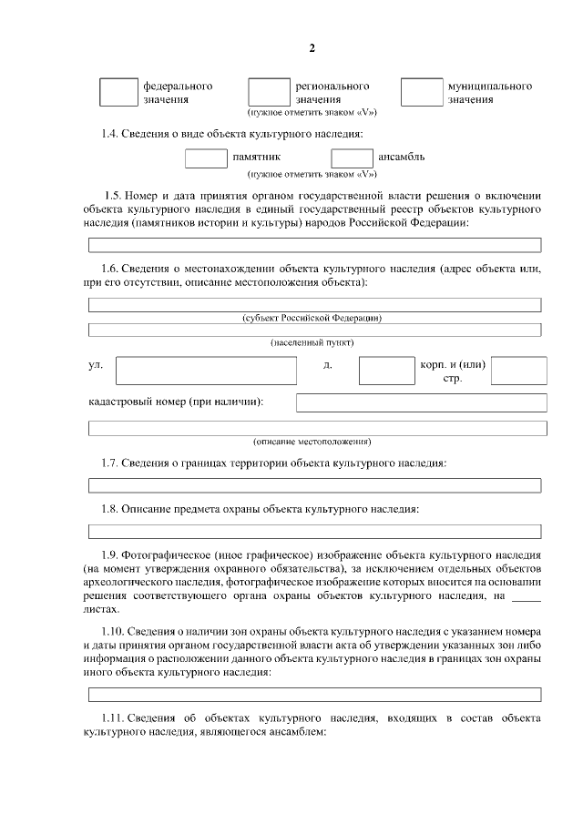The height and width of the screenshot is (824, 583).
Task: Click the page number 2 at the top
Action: (312, 48)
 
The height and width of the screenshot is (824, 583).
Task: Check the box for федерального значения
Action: (118, 92)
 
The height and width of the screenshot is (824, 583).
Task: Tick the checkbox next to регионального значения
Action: (268, 92)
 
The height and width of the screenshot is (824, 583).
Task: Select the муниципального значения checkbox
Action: (421, 92)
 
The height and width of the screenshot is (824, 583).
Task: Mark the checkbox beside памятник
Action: (206, 157)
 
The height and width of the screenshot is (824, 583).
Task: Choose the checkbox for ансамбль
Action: (352, 157)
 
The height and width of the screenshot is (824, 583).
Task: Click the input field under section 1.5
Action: (314, 244)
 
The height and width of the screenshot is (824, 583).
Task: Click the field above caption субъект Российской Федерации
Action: (314, 304)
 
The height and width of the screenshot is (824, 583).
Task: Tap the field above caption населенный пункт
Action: (314, 329)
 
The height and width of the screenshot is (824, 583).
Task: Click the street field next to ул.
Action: (206, 371)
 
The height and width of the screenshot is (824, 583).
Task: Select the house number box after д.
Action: (386, 371)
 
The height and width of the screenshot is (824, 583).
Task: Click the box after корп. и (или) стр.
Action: (519, 371)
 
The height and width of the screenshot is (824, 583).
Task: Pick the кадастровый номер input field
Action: (422, 402)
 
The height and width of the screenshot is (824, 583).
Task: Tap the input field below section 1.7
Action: (314, 485)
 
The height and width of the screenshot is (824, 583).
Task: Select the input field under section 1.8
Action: (314, 531)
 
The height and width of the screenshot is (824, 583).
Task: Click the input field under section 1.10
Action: (314, 695)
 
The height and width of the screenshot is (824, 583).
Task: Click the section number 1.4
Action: (111, 135)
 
